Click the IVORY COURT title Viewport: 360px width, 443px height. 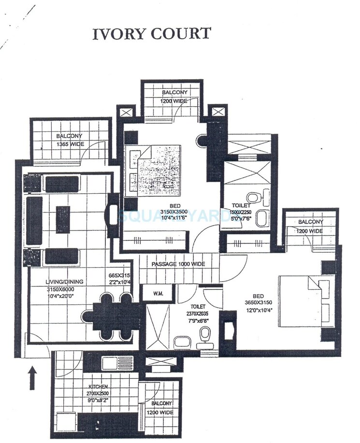(152, 34)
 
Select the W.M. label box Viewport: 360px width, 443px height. (158, 293)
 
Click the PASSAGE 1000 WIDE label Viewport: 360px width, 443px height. (178, 264)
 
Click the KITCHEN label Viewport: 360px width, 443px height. (98, 387)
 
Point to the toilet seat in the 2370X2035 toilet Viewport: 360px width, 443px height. (205, 333)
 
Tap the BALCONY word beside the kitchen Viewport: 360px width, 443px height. (161, 403)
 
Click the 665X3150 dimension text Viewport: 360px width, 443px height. (119, 276)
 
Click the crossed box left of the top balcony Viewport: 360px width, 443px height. (127, 113)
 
